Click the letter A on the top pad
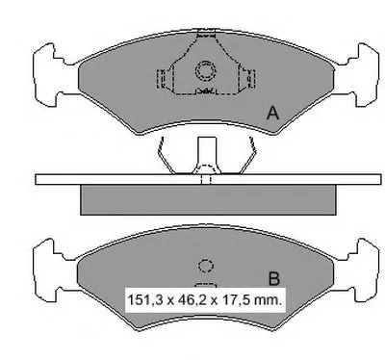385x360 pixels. [272, 114]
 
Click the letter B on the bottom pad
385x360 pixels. [273, 278]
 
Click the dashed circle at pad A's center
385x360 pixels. [205, 70]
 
